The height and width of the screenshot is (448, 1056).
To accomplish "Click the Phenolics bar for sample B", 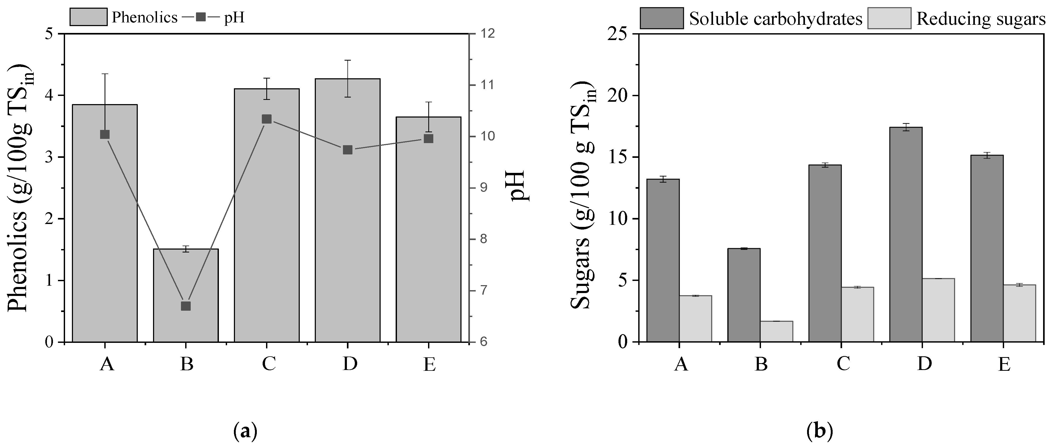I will pos(186,295).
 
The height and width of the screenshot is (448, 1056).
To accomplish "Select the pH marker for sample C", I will pos(267,119).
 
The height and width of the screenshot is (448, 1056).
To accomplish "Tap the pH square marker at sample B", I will pos(186,306).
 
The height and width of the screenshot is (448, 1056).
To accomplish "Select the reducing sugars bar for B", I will pos(777,332).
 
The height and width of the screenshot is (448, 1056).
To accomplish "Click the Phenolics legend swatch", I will pos(88,17).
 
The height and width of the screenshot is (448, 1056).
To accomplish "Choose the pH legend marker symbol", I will pos(201,17).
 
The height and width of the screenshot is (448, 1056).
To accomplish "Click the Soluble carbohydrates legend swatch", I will pos(662,18).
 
